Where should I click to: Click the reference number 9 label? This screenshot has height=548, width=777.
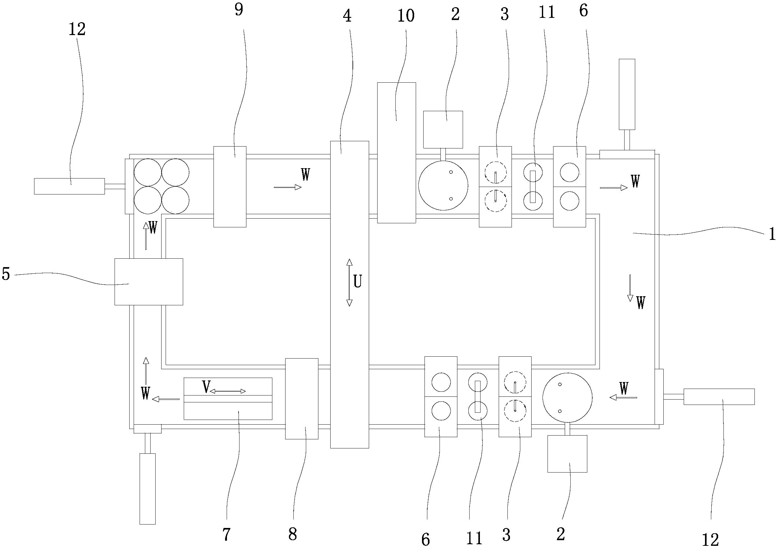pos(239,10)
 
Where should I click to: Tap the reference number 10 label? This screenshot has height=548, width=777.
pos(406,16)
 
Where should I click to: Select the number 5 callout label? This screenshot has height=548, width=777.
pos(6,274)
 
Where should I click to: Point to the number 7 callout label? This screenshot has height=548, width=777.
pos(226,535)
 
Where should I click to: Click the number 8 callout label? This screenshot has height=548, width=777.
pos(292,535)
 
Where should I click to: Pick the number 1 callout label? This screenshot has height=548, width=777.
pos(772,234)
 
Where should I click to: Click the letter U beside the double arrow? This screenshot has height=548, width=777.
pos(358,281)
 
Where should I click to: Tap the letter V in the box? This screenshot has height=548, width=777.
pos(206,387)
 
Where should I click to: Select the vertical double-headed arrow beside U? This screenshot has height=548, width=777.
pos(350,283)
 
